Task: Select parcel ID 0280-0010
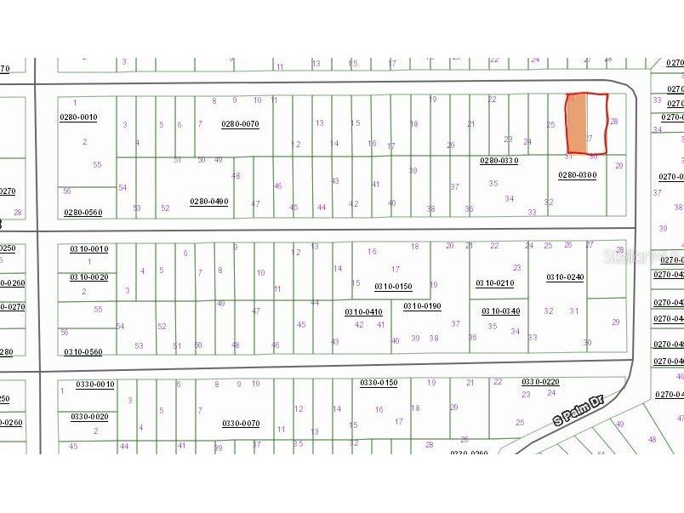pyautogui.click(x=78, y=117)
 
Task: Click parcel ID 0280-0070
pyautogui.click(x=240, y=124)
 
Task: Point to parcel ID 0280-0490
pyautogui.click(x=208, y=202)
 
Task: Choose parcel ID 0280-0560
pyautogui.click(x=83, y=213)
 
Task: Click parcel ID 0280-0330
pyautogui.click(x=499, y=160)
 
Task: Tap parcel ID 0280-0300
pyautogui.click(x=577, y=175)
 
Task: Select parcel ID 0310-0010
pyautogui.click(x=88, y=249)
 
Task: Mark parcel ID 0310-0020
pyautogui.click(x=88, y=277)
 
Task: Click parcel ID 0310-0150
pyautogui.click(x=393, y=287)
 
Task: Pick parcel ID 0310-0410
pyautogui.click(x=363, y=312)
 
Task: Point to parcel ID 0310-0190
pyautogui.click(x=422, y=305)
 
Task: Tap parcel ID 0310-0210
pyautogui.click(x=493, y=282)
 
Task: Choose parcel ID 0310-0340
pyautogui.click(x=500, y=311)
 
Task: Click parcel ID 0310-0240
pyautogui.click(x=565, y=277)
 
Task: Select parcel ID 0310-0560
pyautogui.click(x=83, y=352)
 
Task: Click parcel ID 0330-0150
pyautogui.click(x=378, y=383)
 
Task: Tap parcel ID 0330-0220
pyautogui.click(x=540, y=382)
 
